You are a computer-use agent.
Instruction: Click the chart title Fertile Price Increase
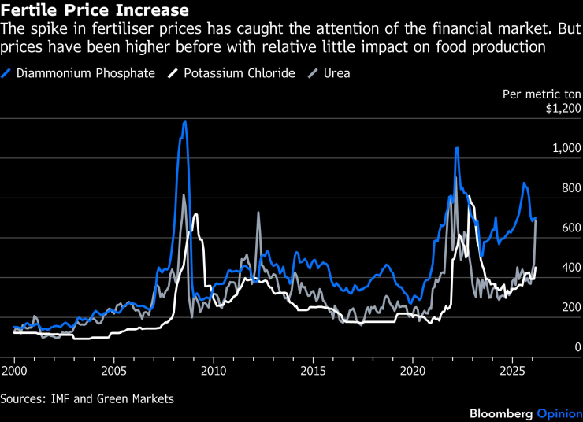click(x=95, y=11)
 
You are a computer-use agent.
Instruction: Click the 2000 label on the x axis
click(x=15, y=369)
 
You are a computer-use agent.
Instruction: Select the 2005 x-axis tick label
click(x=114, y=369)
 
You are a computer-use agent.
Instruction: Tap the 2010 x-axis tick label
click(x=214, y=369)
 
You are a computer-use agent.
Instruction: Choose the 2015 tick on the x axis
click(x=314, y=369)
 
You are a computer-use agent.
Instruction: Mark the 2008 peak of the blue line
click(x=184, y=122)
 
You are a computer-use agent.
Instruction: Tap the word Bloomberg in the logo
click(x=501, y=413)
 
